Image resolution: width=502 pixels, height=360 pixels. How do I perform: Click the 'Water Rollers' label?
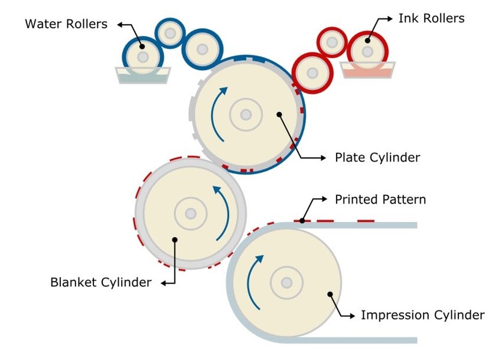[66, 24]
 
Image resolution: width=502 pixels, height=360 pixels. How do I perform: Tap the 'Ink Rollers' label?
[431, 18]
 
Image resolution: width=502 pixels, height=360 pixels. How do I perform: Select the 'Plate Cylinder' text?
[377, 158]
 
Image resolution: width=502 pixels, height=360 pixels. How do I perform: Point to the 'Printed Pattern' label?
[380, 199]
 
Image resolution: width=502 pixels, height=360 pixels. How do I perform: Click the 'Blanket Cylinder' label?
[101, 283]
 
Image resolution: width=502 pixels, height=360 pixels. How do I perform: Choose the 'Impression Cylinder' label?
[422, 315]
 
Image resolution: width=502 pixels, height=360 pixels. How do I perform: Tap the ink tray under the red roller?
[367, 71]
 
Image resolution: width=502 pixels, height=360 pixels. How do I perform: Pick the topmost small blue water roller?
[170, 34]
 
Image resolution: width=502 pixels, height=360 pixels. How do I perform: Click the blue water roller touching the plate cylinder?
[202, 50]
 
